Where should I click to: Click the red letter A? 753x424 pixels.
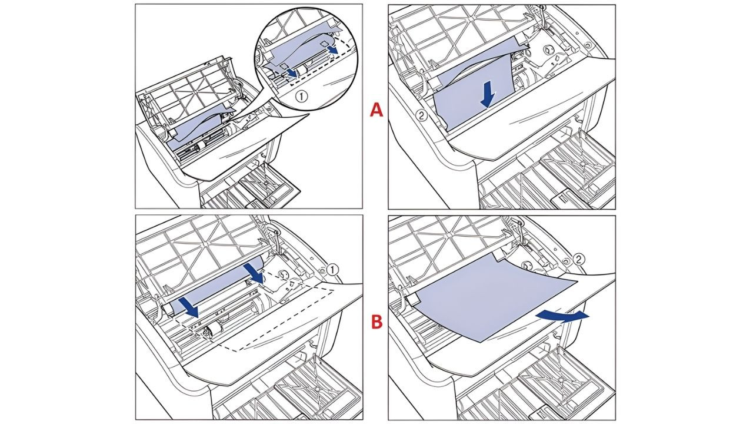point(376,110)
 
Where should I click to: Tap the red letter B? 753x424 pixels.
point(376,322)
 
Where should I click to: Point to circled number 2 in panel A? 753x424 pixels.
point(421,115)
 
